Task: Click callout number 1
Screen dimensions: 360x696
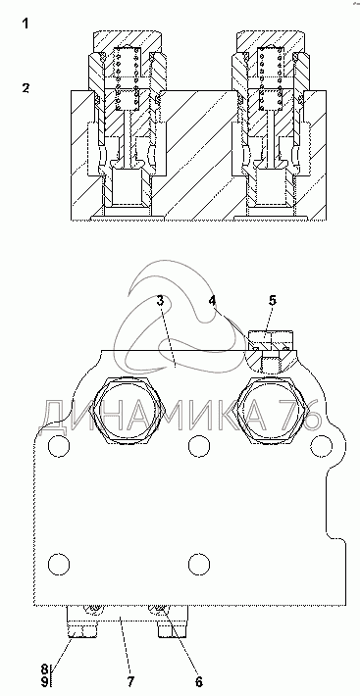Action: tap(26, 24)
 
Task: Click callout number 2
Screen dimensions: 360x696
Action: tap(26, 88)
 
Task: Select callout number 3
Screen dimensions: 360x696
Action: tap(160, 300)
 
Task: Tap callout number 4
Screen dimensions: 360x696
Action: tap(213, 300)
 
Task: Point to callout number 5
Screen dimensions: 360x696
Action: tap(272, 300)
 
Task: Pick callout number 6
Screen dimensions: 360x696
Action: tap(198, 681)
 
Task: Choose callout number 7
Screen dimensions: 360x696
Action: tap(130, 681)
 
